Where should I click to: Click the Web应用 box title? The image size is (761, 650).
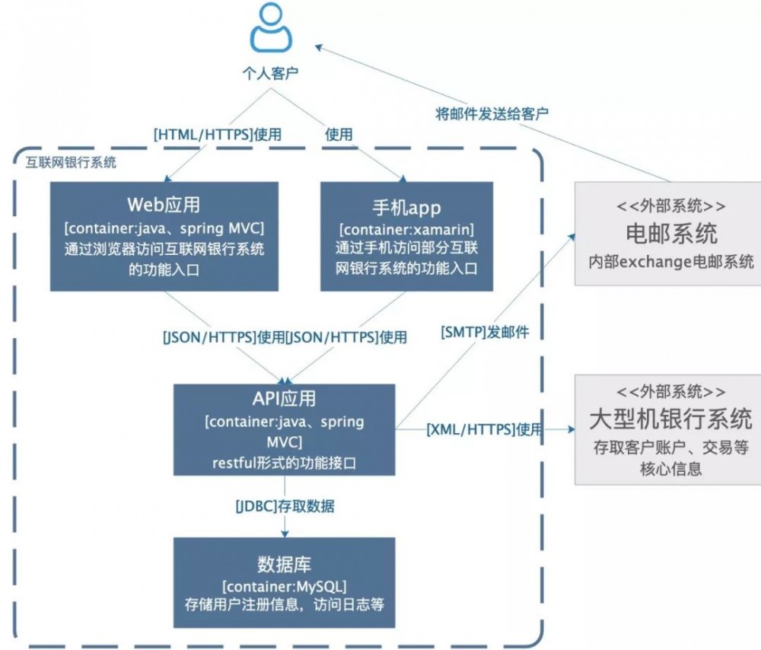(x=164, y=206)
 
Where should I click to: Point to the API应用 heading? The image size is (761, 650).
(x=284, y=399)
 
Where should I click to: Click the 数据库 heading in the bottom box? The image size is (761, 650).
(x=284, y=564)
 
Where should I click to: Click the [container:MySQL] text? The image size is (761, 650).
(x=284, y=586)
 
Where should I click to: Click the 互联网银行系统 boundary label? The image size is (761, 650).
(x=72, y=163)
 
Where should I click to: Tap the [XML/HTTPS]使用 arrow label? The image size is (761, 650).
(x=484, y=429)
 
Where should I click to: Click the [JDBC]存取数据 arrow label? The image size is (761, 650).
(x=285, y=506)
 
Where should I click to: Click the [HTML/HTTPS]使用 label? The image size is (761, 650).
(x=218, y=135)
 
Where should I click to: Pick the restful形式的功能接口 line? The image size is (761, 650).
(x=284, y=461)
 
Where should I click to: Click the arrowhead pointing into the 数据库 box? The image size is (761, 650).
(x=284, y=533)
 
